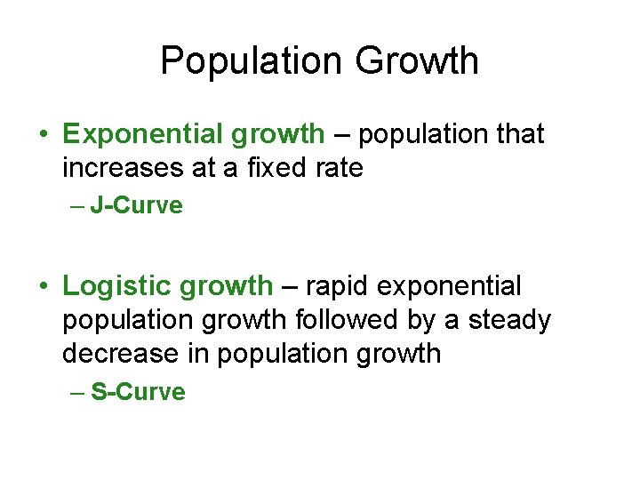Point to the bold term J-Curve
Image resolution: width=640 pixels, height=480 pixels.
136,206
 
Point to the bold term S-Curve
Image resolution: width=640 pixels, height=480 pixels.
138,393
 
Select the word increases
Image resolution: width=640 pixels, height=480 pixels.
123,167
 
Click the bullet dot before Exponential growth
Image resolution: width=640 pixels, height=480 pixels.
44,135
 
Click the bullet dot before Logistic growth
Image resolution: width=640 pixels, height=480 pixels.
44,287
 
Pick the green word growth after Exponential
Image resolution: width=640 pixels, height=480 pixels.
277,134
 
